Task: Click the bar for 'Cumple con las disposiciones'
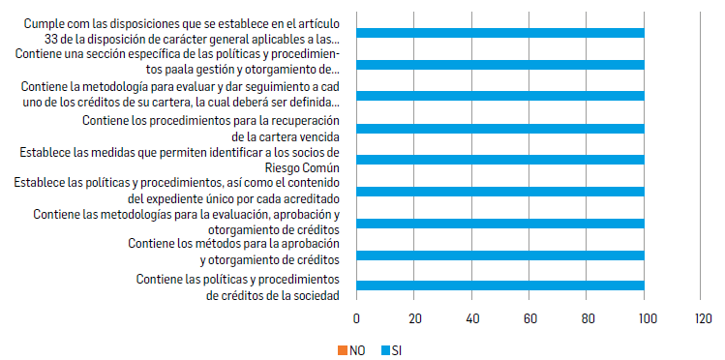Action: pyautogui.click(x=500, y=34)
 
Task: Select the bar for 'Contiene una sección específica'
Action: pyautogui.click(x=500, y=65)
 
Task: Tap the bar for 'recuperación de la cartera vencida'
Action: pyautogui.click(x=500, y=129)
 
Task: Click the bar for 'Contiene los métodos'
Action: pyautogui.click(x=500, y=255)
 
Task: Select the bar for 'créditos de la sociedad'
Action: pyautogui.click(x=500, y=285)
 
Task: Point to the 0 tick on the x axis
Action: pyautogui.click(x=357, y=318)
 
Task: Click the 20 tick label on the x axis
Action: pyautogui.click(x=414, y=318)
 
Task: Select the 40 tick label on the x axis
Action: pyautogui.click(x=471, y=318)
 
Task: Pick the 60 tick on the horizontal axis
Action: pyautogui.click(x=529, y=318)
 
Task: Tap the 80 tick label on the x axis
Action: pyautogui.click(x=587, y=318)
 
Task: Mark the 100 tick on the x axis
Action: pyautogui.click(x=644, y=318)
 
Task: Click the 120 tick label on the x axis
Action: pyautogui.click(x=701, y=318)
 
